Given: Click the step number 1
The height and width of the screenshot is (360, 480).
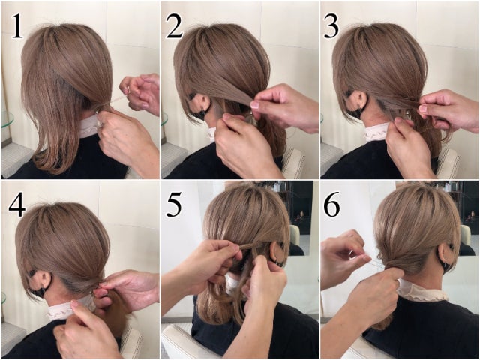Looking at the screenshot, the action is pyautogui.click(x=17, y=27).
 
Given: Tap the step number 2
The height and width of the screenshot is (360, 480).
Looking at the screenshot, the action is pyautogui.click(x=175, y=27).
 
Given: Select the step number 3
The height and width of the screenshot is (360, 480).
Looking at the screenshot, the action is pyautogui.click(x=331, y=27).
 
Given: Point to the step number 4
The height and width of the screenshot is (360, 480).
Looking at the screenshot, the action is pyautogui.click(x=17, y=205).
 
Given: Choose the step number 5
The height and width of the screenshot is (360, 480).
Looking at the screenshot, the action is pyautogui.click(x=174, y=205).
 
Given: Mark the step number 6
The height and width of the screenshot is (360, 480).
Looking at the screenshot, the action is pyautogui.click(x=331, y=205).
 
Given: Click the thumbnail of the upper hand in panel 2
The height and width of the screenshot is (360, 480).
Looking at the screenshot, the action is pyautogui.click(x=255, y=105).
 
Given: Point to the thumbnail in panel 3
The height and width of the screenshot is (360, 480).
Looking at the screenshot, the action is pyautogui.click(x=423, y=108).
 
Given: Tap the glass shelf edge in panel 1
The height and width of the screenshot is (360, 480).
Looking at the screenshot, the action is pyautogui.click(x=7, y=120).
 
